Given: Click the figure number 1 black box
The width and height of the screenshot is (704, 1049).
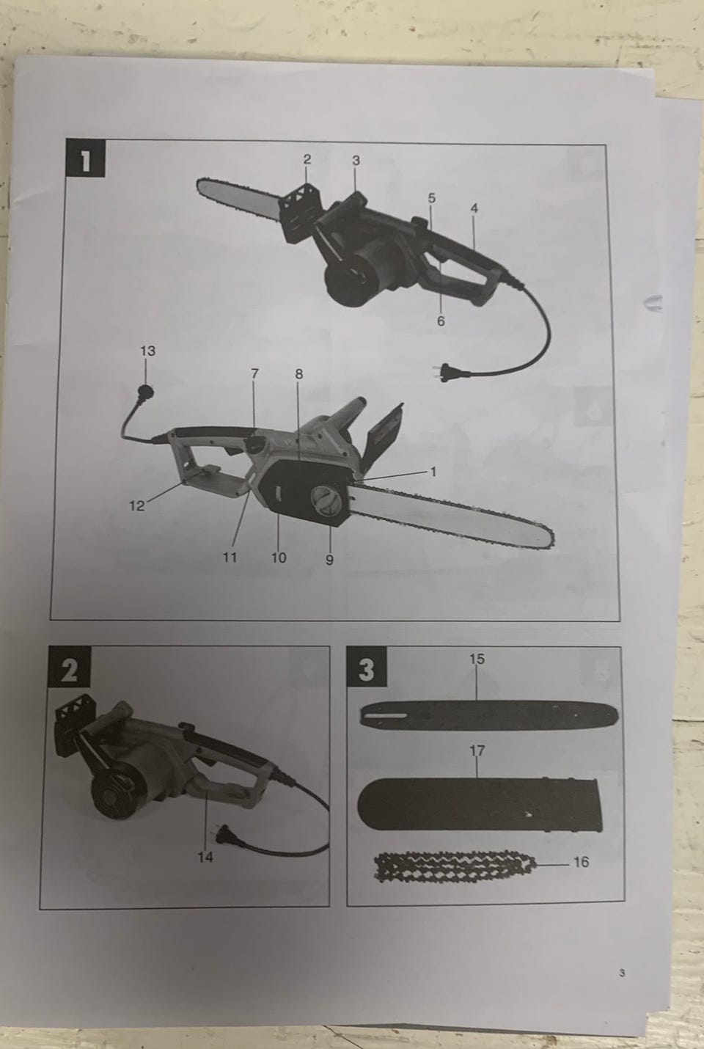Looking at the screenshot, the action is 85,158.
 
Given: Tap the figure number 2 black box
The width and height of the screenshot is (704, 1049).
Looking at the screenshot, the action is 69,666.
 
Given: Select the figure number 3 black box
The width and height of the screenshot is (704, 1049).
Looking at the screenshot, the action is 367,666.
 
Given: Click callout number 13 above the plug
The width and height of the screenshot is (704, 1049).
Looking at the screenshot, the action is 148,351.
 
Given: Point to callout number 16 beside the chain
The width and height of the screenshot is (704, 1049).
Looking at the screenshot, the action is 581,862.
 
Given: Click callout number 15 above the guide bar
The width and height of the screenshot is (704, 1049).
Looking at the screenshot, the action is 477,659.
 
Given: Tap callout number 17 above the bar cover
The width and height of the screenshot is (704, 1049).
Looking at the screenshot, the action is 477,750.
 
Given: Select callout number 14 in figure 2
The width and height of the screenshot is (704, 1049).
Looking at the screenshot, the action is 205,857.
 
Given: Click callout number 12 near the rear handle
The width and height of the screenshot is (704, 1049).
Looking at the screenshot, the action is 137,505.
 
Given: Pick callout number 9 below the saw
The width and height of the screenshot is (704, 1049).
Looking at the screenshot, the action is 329,560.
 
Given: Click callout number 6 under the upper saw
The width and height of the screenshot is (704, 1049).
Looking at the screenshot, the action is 441,321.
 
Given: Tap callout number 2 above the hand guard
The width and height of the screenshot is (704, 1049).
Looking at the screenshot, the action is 307,159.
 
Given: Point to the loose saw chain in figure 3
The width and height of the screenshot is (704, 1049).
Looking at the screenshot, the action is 455,868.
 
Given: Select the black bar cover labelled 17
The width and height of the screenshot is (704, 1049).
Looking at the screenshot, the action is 480,804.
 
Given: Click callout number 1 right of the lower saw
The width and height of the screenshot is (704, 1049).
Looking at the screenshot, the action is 433,472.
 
